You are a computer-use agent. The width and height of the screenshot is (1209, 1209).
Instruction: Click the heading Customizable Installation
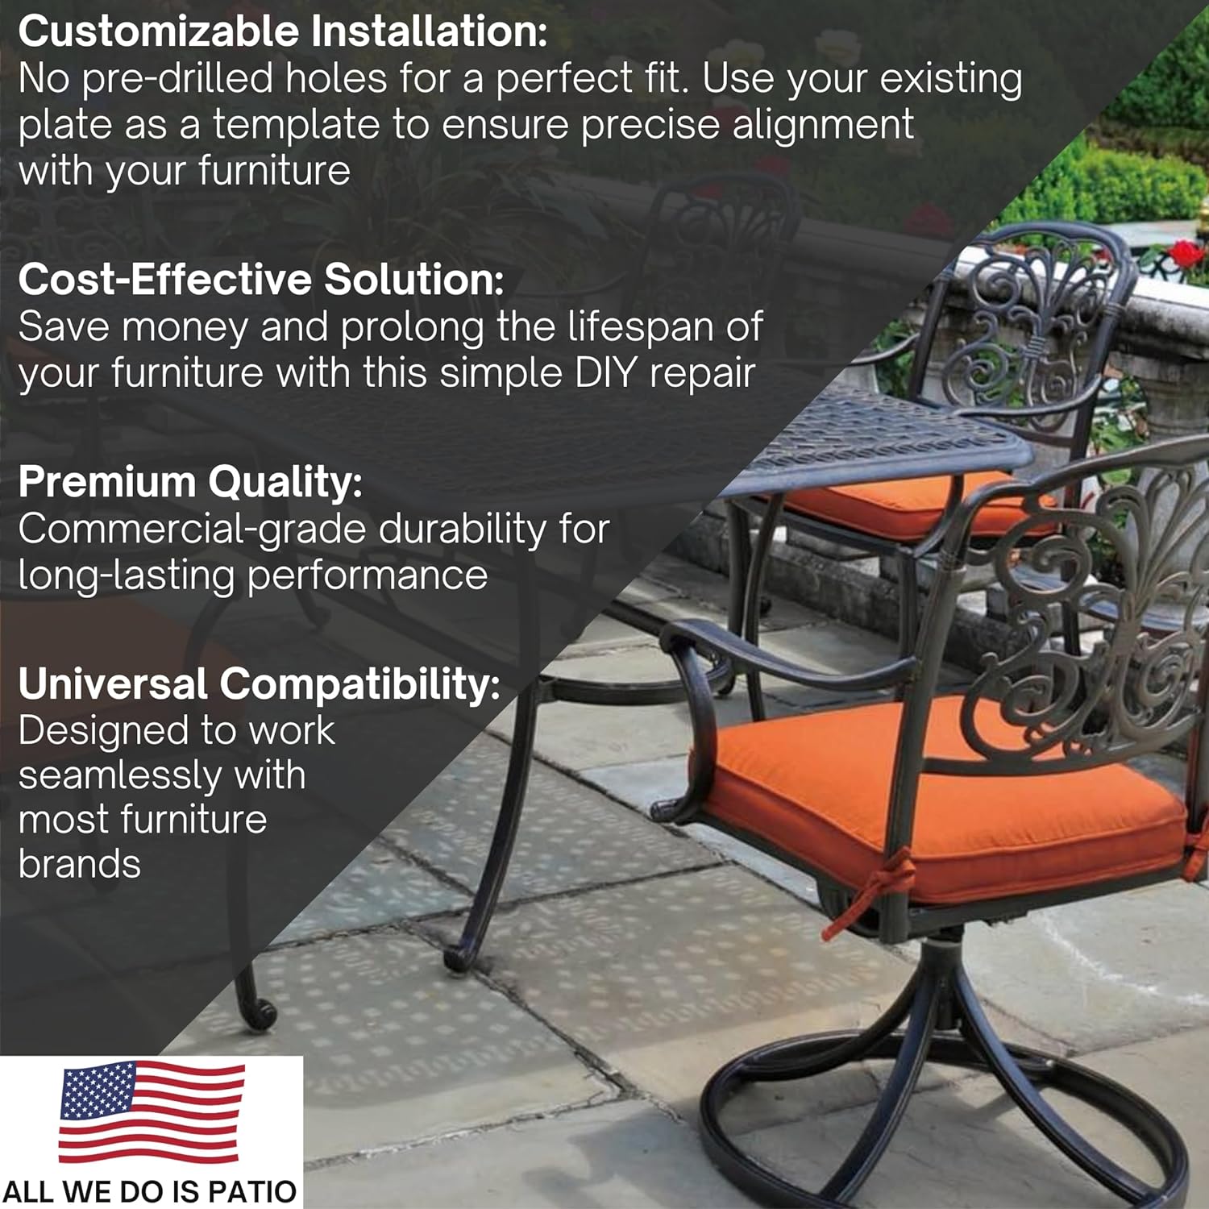[283, 32]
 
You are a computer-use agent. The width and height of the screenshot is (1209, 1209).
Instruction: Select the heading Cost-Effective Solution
[261, 280]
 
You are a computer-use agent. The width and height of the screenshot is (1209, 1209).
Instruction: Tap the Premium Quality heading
[190, 483]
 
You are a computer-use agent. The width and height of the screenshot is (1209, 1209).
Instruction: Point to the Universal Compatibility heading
[260, 684]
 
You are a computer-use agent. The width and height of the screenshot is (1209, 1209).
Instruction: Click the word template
[296, 125]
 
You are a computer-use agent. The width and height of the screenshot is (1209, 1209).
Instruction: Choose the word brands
[79, 864]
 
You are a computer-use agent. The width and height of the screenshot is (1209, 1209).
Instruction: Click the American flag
[152, 1111]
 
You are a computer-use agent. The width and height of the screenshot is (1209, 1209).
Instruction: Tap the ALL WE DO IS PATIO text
[151, 1191]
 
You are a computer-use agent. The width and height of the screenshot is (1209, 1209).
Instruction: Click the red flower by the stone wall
[1185, 255]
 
